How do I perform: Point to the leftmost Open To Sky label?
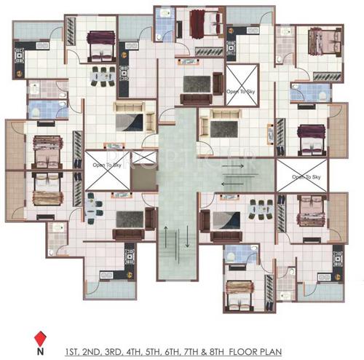106,165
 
